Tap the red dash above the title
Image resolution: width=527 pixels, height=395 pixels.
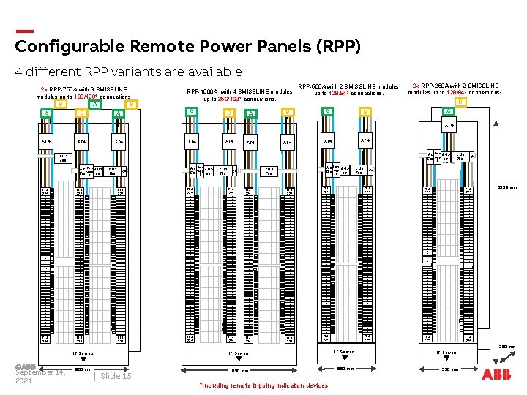click(x=24, y=31)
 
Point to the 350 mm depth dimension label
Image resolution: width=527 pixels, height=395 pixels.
click(x=508, y=347)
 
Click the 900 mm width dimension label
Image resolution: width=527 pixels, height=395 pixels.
click(x=83, y=369)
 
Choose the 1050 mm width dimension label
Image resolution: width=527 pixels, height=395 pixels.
click(x=239, y=371)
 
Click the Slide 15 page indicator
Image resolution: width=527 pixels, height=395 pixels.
click(x=116, y=375)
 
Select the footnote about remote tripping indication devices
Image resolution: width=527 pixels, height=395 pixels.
click(x=263, y=385)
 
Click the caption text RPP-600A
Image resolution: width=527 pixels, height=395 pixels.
click(x=312, y=86)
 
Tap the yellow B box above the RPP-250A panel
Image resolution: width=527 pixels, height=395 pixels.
click(x=460, y=102)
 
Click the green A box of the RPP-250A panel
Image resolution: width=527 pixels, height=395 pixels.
click(x=448, y=111)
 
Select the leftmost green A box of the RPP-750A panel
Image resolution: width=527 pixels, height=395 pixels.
click(x=46, y=113)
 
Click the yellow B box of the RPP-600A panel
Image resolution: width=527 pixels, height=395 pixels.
click(x=364, y=111)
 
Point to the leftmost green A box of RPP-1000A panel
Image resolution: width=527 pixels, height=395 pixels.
click(x=192, y=111)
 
